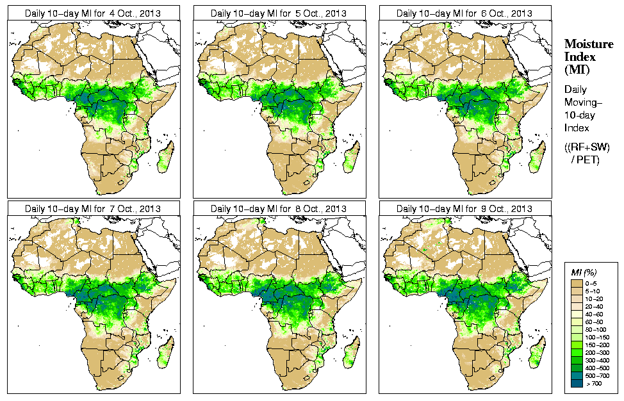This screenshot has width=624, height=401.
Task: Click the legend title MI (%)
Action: point(585,274)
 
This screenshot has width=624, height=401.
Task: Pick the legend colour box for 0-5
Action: point(577,282)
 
